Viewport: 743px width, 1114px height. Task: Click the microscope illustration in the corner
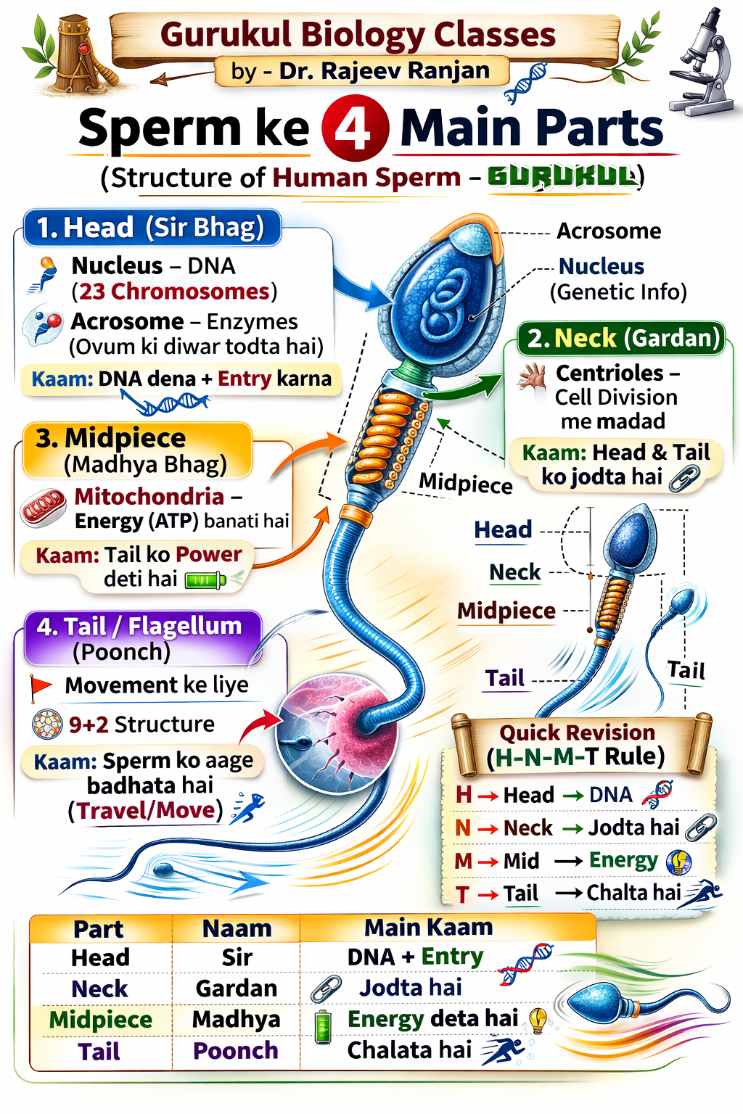coord(702,65)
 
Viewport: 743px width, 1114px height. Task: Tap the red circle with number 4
coord(355,128)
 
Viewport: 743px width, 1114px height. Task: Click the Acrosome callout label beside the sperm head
coord(609,231)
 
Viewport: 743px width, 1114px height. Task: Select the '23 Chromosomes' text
coord(174,292)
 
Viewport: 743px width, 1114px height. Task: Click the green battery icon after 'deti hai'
coord(205,580)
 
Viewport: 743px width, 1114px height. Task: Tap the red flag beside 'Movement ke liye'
coord(40,687)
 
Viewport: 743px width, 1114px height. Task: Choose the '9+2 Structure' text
coord(141,725)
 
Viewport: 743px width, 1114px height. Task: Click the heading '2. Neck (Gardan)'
coord(623,339)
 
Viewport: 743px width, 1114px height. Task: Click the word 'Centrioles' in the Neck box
coord(609,373)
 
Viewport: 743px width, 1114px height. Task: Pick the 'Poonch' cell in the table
coord(236,1051)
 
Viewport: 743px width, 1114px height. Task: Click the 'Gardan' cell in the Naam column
coord(237,989)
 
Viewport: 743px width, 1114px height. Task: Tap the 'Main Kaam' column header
coord(428,928)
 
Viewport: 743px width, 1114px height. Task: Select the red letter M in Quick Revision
coord(463,861)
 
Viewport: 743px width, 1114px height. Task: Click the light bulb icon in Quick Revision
coord(678,862)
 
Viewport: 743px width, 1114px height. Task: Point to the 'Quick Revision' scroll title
coord(577,733)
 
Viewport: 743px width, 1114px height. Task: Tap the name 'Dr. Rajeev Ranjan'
coord(385,71)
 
